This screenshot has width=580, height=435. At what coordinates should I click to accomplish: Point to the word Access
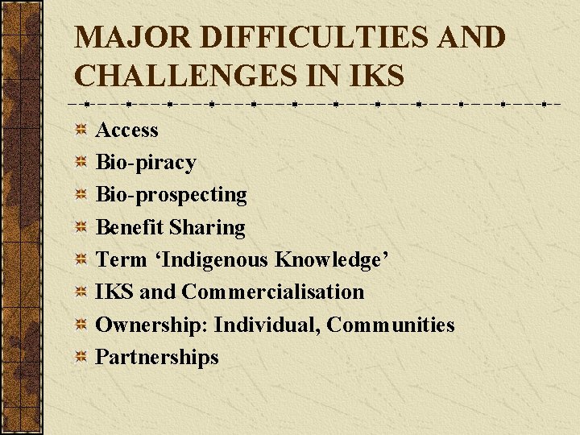point(127,130)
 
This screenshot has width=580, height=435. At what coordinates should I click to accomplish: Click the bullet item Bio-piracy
point(146,163)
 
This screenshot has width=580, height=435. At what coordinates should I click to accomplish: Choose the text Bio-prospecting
point(172,195)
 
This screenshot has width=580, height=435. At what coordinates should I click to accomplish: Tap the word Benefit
point(130,227)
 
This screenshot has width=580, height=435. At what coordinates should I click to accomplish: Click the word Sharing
point(207,227)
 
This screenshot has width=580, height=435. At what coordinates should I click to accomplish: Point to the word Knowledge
point(332,259)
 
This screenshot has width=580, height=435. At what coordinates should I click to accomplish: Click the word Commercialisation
point(273,292)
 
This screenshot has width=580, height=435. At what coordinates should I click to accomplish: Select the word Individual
point(267,325)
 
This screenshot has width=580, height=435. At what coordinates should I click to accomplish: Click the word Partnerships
point(157,357)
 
